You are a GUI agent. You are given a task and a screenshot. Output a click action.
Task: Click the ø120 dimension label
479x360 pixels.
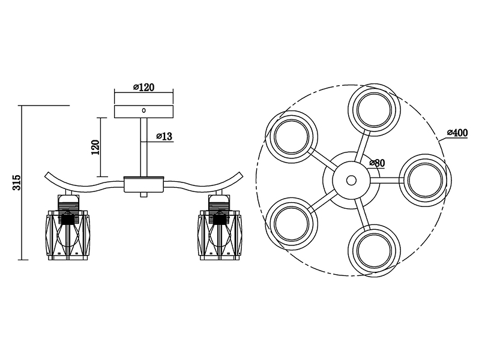coord(144,87)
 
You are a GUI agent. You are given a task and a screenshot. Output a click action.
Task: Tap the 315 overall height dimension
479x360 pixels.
coord(17,182)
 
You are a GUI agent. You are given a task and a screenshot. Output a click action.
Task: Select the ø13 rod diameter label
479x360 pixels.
coord(164,136)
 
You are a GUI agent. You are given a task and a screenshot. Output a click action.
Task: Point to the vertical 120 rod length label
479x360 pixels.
coord(96,147)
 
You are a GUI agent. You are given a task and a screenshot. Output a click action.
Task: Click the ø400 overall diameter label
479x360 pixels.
coord(457,133)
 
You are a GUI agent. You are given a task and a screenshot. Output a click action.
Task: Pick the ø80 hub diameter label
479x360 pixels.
coord(377,163)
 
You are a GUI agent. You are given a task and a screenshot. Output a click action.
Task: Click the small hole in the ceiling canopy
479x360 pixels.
coord(144,110)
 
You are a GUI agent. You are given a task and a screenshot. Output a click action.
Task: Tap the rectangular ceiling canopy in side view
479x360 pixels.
coord(143,112)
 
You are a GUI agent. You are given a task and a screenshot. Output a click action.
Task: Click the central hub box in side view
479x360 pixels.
coord(144,184)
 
